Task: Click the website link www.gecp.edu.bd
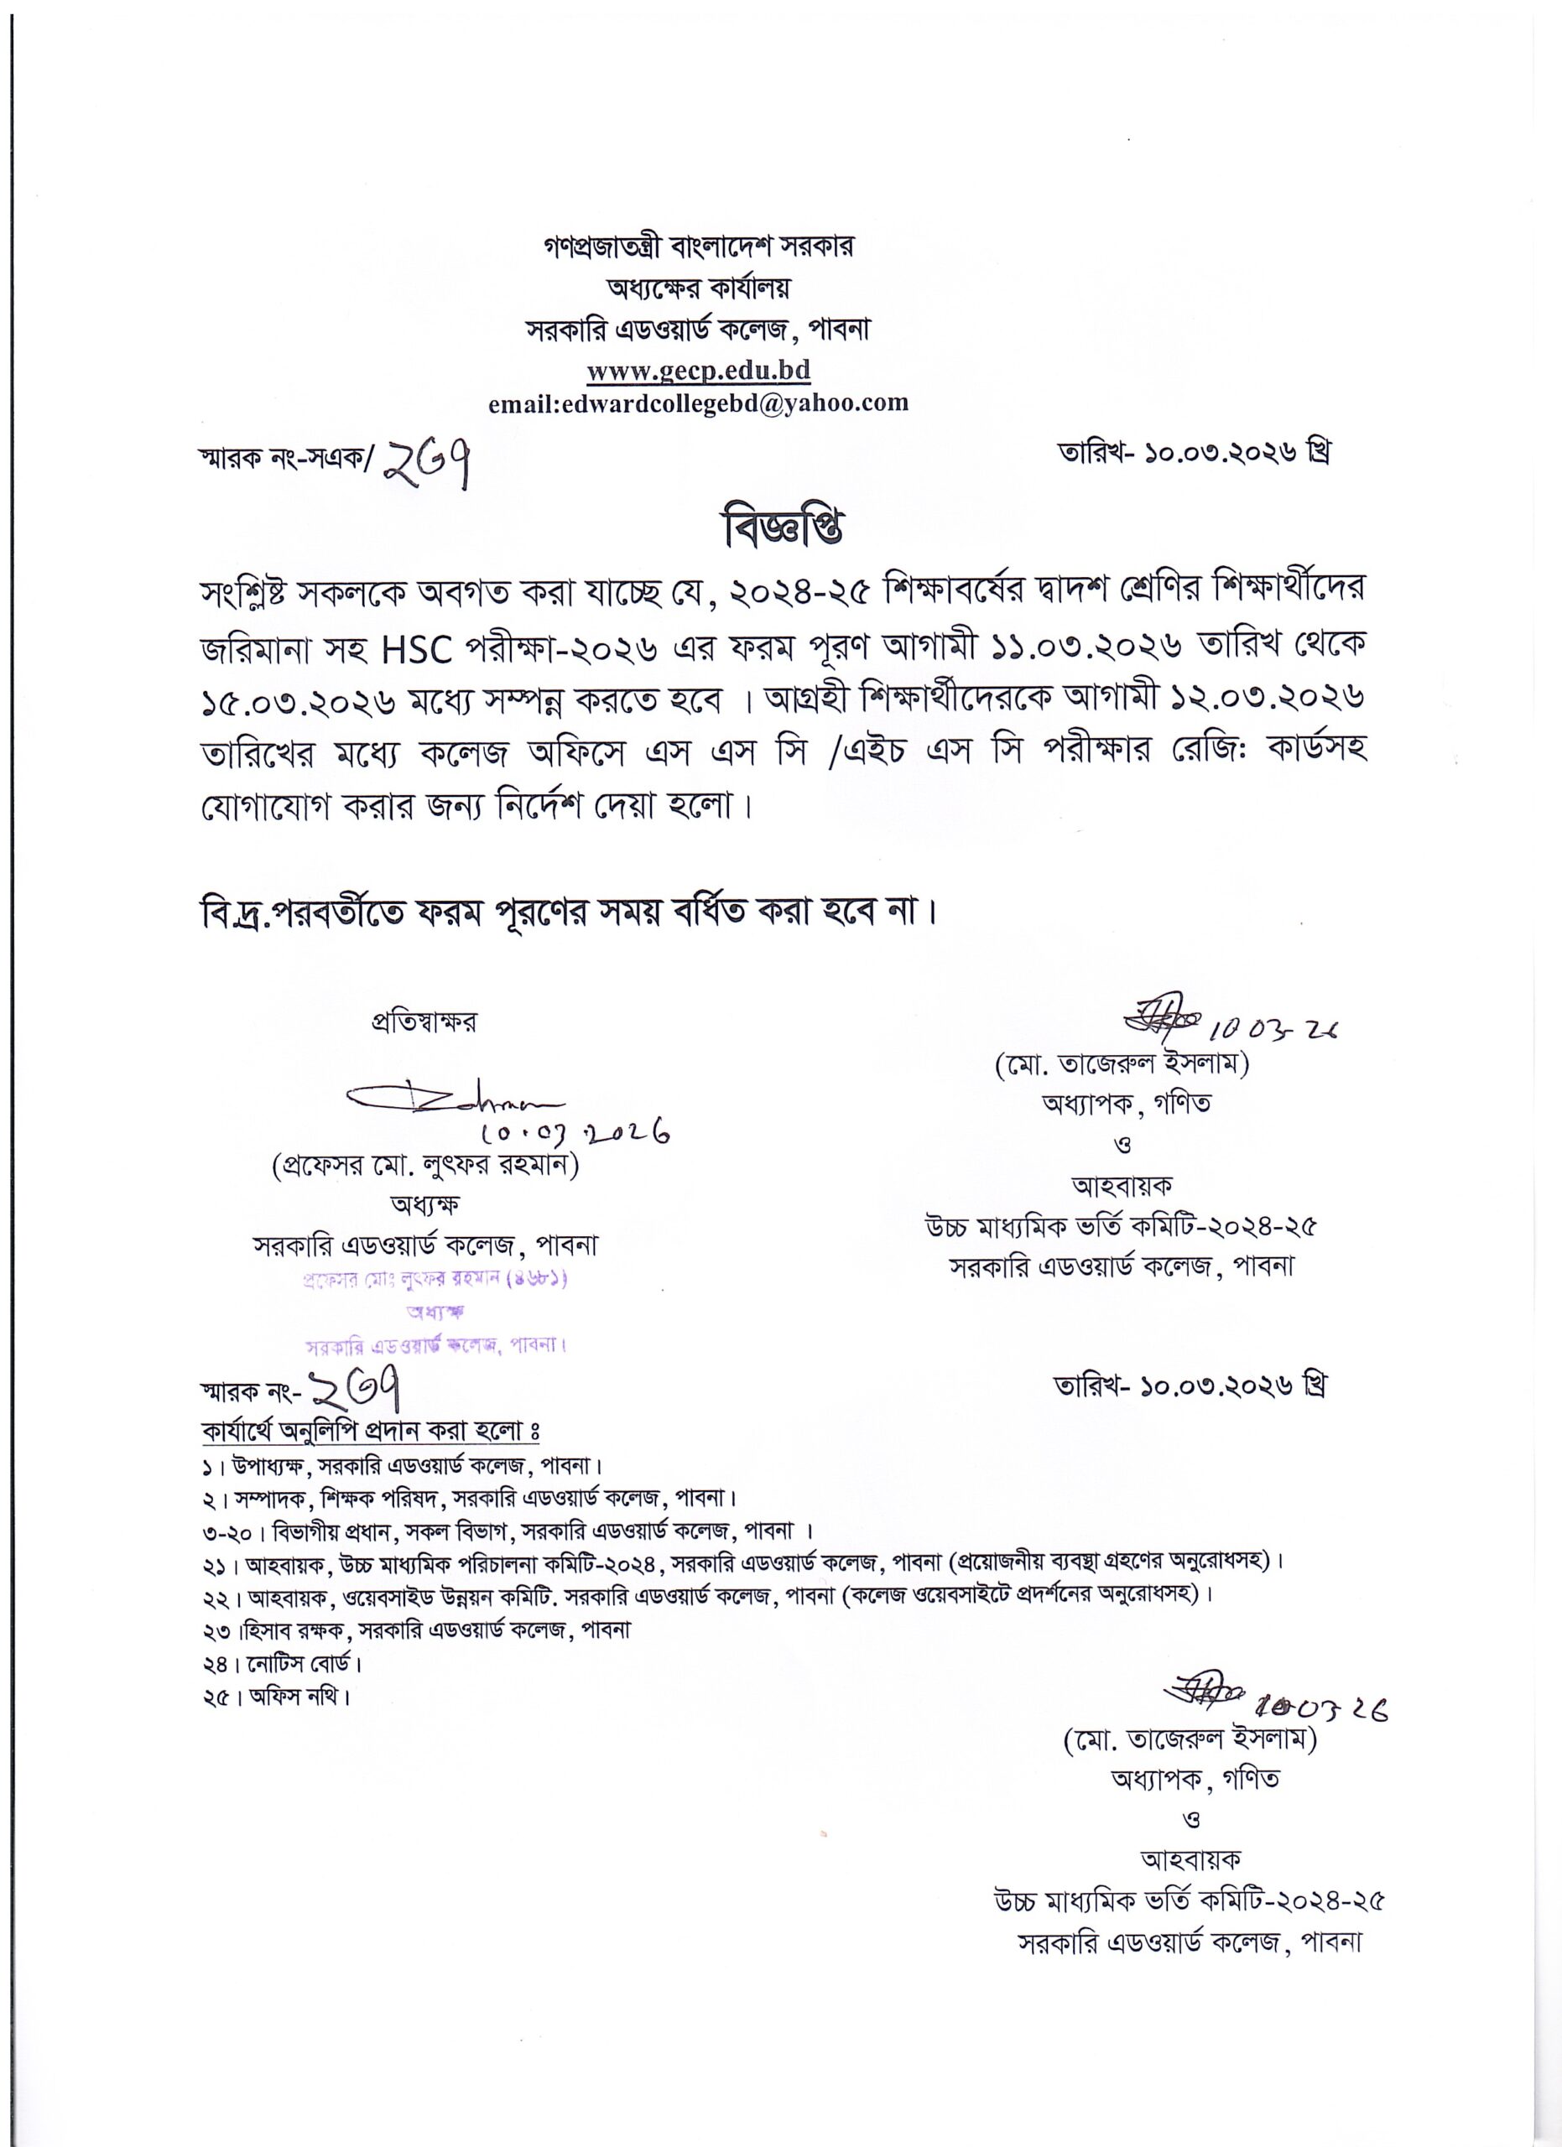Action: (x=698, y=370)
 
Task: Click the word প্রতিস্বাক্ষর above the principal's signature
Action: (x=423, y=1022)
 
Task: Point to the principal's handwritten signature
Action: (x=455, y=1102)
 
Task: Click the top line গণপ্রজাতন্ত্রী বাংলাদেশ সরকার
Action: (x=698, y=248)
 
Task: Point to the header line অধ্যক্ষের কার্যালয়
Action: (x=698, y=288)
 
